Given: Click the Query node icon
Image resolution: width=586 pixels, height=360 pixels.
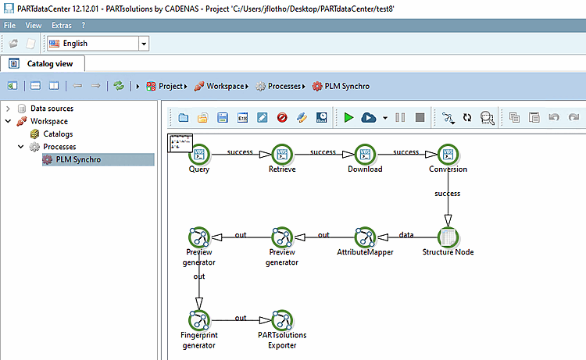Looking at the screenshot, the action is pyautogui.click(x=199, y=155).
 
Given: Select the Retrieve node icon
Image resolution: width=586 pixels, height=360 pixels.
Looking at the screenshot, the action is pyautogui.click(x=282, y=155).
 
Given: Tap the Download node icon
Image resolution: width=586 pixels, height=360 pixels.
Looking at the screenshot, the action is pyautogui.click(x=365, y=155).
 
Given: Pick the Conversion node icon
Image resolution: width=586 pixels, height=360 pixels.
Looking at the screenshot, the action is pyautogui.click(x=448, y=155).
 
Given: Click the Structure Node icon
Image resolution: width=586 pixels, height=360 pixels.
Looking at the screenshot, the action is pyautogui.click(x=448, y=237).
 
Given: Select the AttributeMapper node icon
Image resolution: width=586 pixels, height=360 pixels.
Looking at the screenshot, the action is pyautogui.click(x=365, y=237).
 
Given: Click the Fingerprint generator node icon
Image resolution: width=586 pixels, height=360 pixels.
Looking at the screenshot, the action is pyautogui.click(x=199, y=320).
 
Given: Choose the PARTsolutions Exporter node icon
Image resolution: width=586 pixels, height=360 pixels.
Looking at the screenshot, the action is pyautogui.click(x=282, y=320).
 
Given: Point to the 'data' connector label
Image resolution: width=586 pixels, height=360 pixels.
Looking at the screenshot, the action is pyautogui.click(x=406, y=234).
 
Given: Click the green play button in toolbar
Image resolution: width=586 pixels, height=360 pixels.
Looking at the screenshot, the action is pyautogui.click(x=348, y=118).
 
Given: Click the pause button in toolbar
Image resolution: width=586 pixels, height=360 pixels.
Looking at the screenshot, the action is pyautogui.click(x=400, y=118).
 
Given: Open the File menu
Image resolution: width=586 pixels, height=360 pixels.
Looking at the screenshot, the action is pyautogui.click(x=9, y=26).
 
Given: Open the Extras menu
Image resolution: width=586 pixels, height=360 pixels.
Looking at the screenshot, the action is pyautogui.click(x=62, y=26).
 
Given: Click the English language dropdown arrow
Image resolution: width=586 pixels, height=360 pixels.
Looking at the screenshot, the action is pyautogui.click(x=144, y=44).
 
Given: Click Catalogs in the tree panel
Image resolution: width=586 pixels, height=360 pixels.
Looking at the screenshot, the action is pyautogui.click(x=58, y=134).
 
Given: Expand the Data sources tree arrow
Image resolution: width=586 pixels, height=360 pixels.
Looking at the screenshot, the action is pyautogui.click(x=8, y=109).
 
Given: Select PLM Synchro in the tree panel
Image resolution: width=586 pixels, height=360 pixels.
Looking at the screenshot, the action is pyautogui.click(x=78, y=159).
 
